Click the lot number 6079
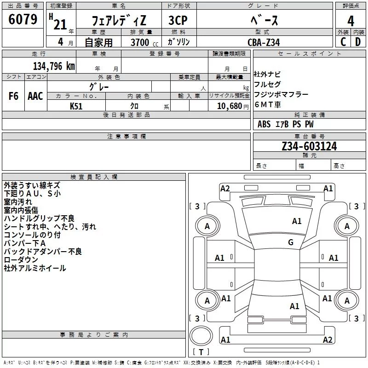click(23, 19)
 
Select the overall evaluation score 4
click(351, 21)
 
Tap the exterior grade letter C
click(343, 42)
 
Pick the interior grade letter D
click(358, 42)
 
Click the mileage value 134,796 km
click(54, 66)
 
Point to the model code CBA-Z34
click(264, 42)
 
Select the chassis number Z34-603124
click(309, 146)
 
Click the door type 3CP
click(178, 20)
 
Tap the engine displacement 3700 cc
click(144, 42)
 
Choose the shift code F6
click(13, 96)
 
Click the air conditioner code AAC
click(35, 96)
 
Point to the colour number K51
click(76, 106)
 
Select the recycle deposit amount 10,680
click(230, 106)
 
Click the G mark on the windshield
click(291, 242)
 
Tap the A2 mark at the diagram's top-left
click(225, 189)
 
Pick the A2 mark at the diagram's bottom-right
click(328, 339)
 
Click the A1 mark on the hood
click(297, 221)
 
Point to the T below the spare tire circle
click(201, 352)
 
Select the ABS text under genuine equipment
click(264, 124)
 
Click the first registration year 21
click(60, 24)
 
